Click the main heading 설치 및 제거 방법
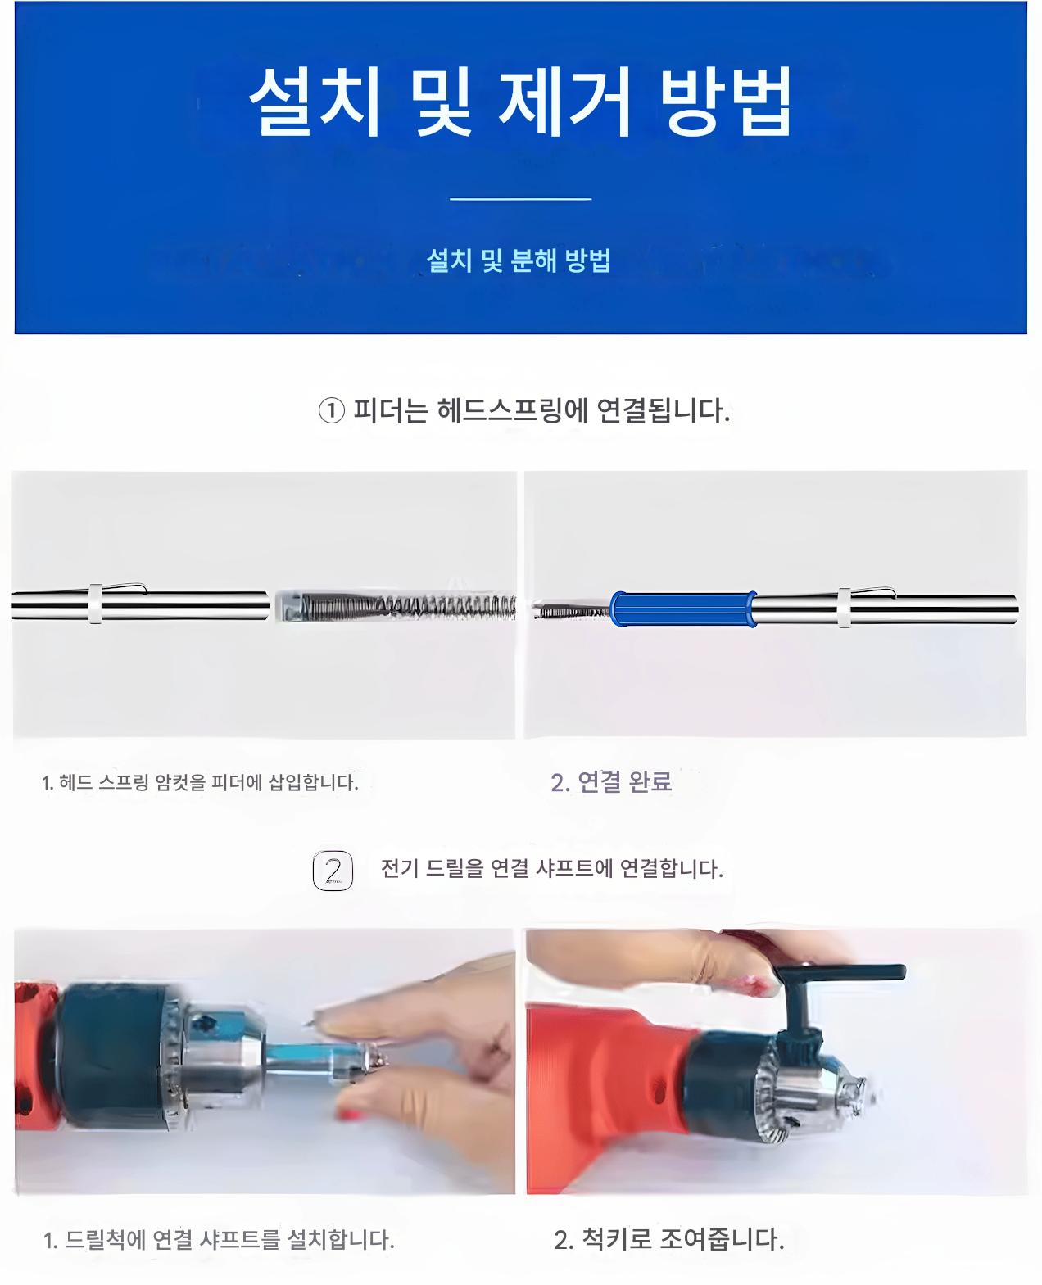(x=519, y=102)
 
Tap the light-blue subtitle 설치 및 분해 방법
(x=519, y=260)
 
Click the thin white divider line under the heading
(x=520, y=198)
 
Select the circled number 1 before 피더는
(x=331, y=411)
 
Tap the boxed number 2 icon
(x=333, y=871)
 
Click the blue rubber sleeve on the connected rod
(x=683, y=609)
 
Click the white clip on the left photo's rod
(x=95, y=604)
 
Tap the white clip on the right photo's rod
(x=844, y=609)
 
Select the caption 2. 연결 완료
(x=611, y=782)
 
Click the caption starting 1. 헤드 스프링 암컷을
(x=200, y=782)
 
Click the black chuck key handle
(x=839, y=972)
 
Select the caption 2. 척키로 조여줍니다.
(x=669, y=1239)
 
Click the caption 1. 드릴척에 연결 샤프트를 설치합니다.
(x=219, y=1240)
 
